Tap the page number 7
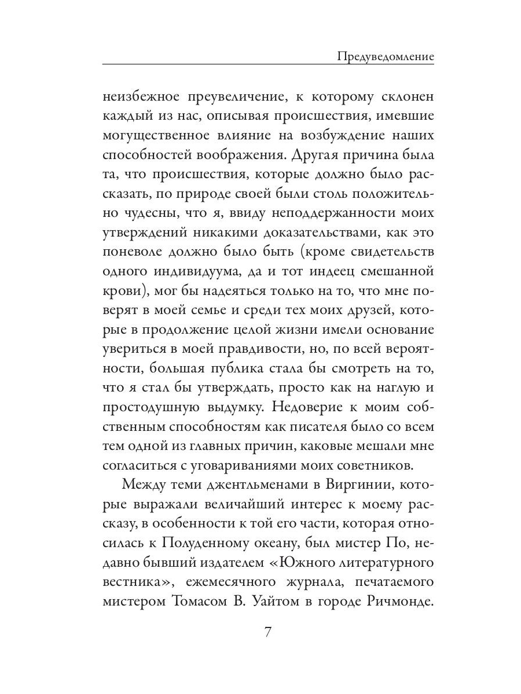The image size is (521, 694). click(x=267, y=631)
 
